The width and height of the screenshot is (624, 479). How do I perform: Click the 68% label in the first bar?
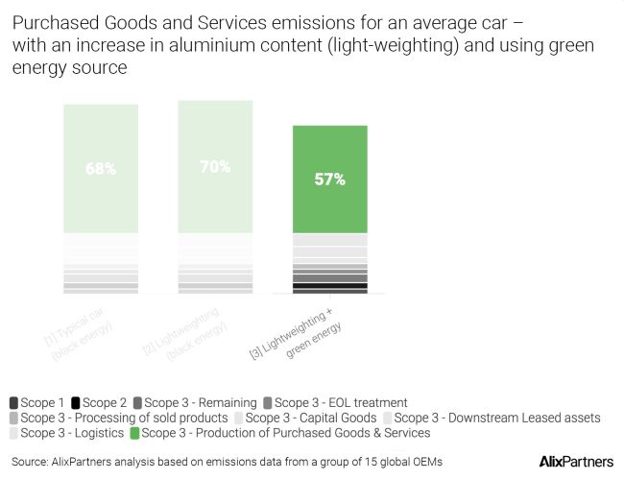[x=101, y=169]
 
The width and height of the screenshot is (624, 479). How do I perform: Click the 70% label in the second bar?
[x=214, y=167]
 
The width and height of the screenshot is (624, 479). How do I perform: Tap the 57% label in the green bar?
[x=329, y=180]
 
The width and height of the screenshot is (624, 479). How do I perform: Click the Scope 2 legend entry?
[x=106, y=403]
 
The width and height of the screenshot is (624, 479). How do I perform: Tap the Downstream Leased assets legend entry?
[x=495, y=419]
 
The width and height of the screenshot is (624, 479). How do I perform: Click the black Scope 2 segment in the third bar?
[x=329, y=285]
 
